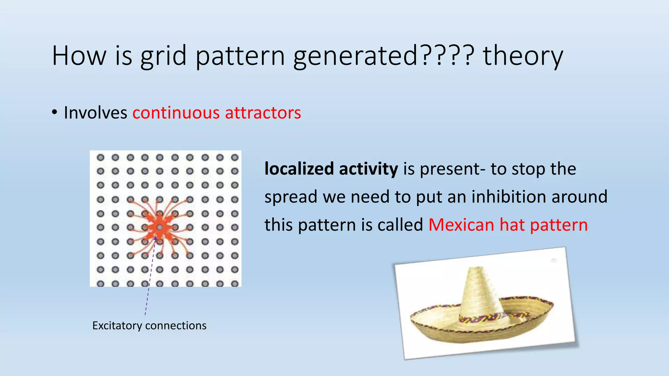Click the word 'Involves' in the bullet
95,113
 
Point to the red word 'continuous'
176,113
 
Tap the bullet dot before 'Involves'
55,113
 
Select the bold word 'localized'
299,169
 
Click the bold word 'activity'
368,169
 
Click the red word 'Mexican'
461,225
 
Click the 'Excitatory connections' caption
149,326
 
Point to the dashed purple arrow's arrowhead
156,239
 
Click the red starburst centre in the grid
159,227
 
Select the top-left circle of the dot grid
100,158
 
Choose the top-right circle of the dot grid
235,158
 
